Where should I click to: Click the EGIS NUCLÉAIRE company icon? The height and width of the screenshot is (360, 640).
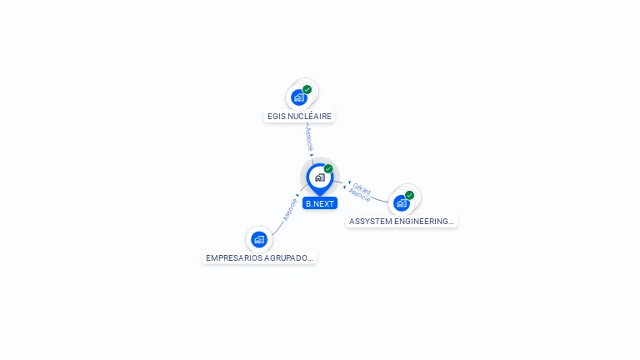[299, 97]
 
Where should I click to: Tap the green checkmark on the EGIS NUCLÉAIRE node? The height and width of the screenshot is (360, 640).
[307, 89]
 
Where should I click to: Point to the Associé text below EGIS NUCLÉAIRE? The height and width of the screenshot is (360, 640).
[308, 137]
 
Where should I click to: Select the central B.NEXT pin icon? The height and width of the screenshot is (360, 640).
[319, 177]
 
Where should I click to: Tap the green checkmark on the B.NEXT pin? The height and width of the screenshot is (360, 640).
[328, 169]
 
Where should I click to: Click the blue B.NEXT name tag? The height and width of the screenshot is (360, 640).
[320, 203]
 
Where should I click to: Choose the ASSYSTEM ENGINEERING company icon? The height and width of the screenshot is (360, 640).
[402, 202]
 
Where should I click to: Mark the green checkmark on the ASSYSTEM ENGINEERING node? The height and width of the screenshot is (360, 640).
[409, 195]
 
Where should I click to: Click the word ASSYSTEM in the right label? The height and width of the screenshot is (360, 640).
[369, 222]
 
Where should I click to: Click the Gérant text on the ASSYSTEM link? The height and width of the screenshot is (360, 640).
[362, 188]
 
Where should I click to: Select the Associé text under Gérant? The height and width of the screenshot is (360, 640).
[359, 196]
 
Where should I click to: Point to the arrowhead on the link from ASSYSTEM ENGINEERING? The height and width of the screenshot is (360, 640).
[348, 182]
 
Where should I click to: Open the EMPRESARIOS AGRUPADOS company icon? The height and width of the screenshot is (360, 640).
[259, 239]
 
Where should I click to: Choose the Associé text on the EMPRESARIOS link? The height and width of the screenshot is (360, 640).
[289, 209]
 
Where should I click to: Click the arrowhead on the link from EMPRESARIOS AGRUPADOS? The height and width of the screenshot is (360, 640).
[297, 196]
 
